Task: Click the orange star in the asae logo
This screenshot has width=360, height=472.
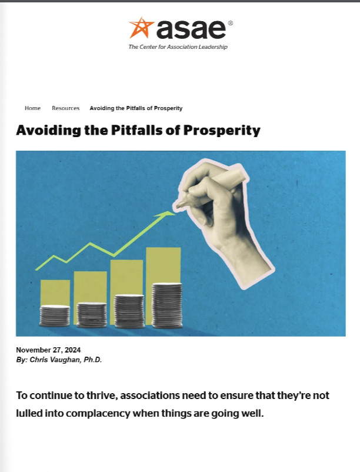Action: (141, 28)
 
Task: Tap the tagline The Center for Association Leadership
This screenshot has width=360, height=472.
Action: (178, 47)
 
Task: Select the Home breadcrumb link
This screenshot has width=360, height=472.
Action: (33, 108)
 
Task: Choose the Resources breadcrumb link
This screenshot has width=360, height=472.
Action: (65, 108)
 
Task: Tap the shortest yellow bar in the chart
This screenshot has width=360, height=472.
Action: (55, 292)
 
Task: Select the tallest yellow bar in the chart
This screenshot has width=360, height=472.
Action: (163, 265)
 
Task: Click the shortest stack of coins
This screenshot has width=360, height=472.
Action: (55, 316)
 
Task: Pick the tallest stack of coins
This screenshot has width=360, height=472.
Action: (167, 305)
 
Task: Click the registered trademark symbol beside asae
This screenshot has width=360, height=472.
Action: (230, 23)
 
